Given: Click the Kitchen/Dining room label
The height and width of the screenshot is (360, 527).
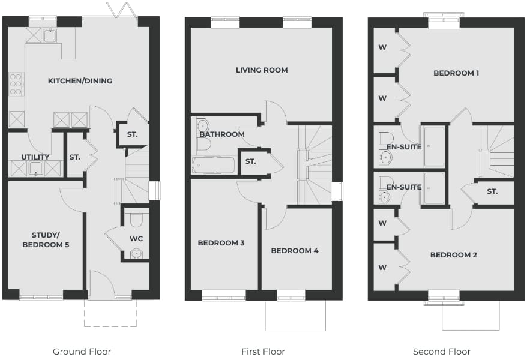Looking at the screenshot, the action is (80, 81).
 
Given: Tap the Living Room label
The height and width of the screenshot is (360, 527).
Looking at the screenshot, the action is (262, 70).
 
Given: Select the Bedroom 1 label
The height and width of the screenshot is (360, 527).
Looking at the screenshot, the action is (456, 73).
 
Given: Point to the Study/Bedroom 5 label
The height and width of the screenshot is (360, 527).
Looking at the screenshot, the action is (46, 240).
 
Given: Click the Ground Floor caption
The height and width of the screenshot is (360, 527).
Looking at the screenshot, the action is (82, 352).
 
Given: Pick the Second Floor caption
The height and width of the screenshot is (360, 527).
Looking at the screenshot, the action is (442, 352).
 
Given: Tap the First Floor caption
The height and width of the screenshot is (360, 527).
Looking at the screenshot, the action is (263, 352).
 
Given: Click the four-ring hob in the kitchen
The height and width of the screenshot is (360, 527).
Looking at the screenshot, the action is (16, 84).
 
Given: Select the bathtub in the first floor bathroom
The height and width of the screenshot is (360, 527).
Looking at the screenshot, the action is (214, 165).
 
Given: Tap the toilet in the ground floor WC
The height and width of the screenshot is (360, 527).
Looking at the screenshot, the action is (136, 219).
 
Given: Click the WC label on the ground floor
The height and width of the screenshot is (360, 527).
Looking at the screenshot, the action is (136, 239).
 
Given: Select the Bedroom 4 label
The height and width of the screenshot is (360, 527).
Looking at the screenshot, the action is (295, 251).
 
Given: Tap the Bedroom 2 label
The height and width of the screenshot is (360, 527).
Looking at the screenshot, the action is (453, 255).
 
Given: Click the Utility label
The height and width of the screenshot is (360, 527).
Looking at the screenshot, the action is (35, 157).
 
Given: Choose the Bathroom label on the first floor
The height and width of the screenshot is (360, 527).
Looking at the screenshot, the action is (222, 134).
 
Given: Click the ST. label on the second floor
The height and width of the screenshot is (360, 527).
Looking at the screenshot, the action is (492, 192).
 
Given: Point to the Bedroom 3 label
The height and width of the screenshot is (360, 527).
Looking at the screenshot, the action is (221, 243).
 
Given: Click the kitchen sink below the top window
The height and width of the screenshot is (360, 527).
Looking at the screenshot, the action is (50, 35).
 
